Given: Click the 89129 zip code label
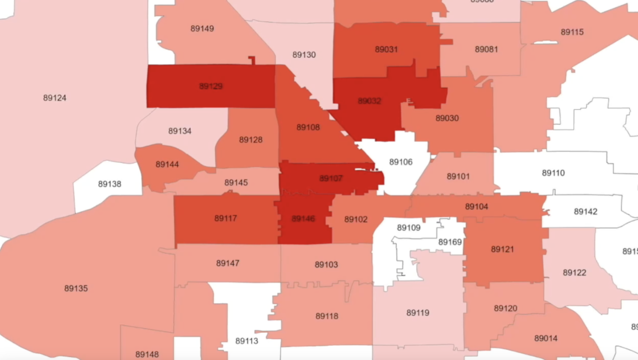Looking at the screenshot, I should coord(211,86).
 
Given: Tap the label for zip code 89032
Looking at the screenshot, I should coord(369,101).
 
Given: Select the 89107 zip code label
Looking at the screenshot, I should coord(331,178).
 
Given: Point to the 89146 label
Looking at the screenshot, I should coord(304,218).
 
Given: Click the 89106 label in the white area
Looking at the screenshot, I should coord(401,162).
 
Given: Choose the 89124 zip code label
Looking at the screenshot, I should coord(55,98).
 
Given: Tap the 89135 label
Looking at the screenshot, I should coord(76,288).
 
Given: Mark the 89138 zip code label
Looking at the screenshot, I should coord(110,184).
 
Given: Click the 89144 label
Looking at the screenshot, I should coord(167,164).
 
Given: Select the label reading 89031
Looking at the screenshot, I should coord(386,49).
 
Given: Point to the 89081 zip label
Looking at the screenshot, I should coord(486,49).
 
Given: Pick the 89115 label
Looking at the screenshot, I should coord(572,32).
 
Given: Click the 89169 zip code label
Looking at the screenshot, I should coord(450,242).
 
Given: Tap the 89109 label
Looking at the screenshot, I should coord(409,227).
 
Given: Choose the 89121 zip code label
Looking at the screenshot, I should coord(502,249).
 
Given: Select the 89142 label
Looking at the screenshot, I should coord(585,211).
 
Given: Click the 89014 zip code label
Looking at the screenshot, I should coord(546,338).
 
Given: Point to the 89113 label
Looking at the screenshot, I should coord(247,341).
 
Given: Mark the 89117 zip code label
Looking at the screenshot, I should coord(226,218).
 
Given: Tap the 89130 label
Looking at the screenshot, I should coord(304,55).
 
